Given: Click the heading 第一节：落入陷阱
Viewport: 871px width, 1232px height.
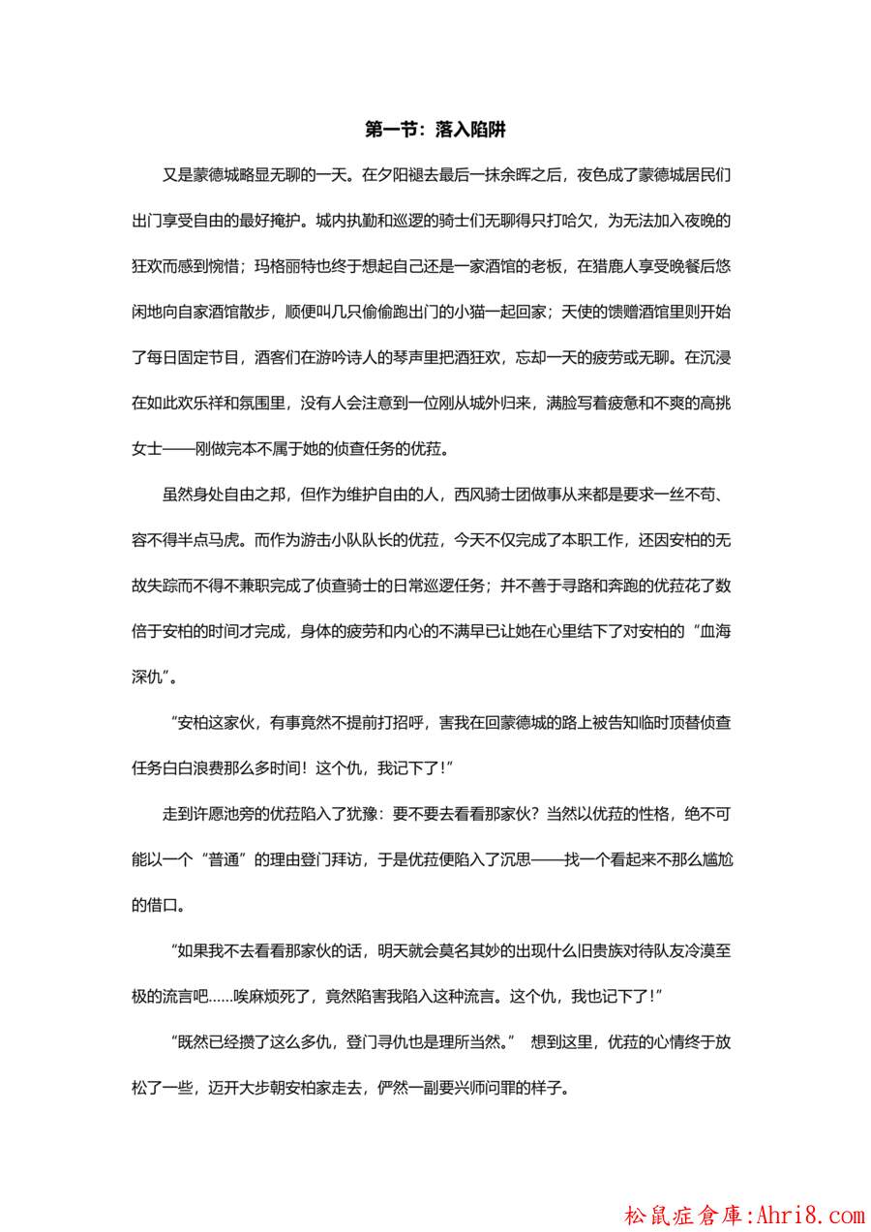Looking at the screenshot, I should point(435,129).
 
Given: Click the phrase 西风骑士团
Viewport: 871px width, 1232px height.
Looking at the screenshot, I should point(490,495).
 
